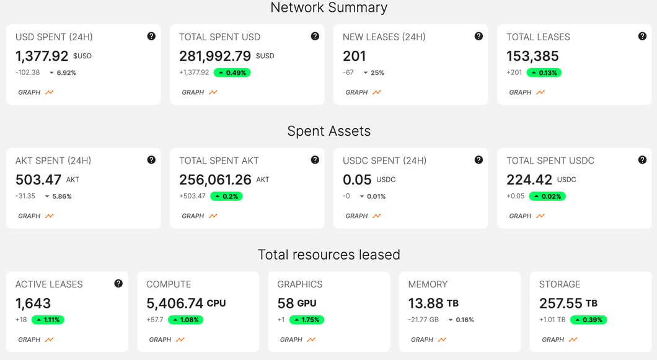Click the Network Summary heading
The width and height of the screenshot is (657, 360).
(x=329, y=7)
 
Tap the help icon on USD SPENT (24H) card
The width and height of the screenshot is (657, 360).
(x=151, y=36)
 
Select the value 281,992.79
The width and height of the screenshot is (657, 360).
(x=215, y=56)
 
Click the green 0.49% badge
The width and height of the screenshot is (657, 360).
(x=232, y=72)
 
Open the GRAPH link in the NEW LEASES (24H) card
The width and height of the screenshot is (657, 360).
(x=363, y=92)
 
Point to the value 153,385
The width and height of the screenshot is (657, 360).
(x=532, y=56)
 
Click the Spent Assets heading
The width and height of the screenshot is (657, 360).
(x=329, y=131)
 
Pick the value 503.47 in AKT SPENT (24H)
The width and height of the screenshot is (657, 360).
(x=38, y=179)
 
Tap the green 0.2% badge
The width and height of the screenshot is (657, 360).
(x=226, y=196)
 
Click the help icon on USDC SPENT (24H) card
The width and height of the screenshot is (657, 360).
(x=478, y=160)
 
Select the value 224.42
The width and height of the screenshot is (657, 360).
(x=529, y=179)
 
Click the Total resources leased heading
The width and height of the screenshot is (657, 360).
(x=329, y=255)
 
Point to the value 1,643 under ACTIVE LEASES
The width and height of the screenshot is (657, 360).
(x=33, y=303)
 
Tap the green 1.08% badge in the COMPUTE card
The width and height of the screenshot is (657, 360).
(x=185, y=320)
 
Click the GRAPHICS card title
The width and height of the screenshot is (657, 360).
(x=300, y=284)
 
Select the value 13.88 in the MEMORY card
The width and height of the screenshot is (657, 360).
(x=426, y=303)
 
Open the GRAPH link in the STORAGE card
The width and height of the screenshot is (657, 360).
(x=559, y=340)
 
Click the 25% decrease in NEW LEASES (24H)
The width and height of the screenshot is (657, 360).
(x=374, y=72)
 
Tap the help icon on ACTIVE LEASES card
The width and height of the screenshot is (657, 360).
(x=118, y=283)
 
